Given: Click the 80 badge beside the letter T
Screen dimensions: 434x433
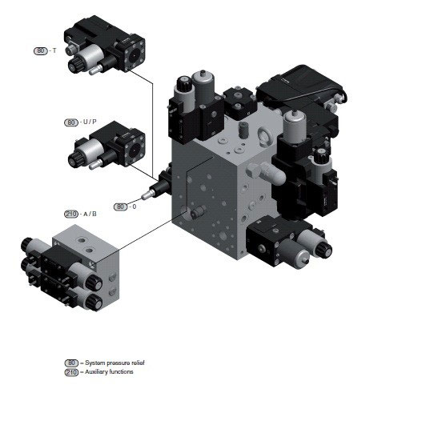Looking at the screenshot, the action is click(40, 51).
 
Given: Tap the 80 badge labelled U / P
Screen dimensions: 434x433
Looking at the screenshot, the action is click(71, 122).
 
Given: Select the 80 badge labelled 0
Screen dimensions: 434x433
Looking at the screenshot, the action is click(120, 206).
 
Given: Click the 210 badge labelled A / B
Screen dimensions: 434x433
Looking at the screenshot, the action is click(71, 214).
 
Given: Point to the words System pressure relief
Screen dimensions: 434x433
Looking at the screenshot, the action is click(115, 363).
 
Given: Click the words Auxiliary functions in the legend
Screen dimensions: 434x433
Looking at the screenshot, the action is click(109, 372).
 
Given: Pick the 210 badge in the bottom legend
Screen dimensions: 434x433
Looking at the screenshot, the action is click(72, 372).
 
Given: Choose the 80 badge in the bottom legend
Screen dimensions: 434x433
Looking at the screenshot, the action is click(72, 363).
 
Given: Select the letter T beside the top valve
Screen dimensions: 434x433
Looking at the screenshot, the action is click(54, 51).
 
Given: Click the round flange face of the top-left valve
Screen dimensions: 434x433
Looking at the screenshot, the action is click(135, 55).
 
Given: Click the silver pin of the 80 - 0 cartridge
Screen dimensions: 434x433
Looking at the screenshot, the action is click(146, 194).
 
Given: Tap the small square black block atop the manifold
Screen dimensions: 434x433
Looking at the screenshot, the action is click(240, 102).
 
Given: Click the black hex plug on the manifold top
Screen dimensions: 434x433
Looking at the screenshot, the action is click(243, 130).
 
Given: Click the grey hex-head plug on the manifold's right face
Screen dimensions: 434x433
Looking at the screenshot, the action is click(252, 170).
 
